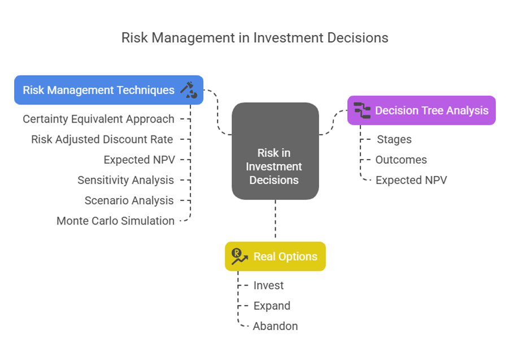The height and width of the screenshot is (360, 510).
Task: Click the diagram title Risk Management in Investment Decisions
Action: pyautogui.click(x=255, y=38)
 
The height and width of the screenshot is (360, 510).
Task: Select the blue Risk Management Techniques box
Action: pyautogui.click(x=108, y=90)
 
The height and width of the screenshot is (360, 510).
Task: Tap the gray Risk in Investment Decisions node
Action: pyautogui.click(x=275, y=151)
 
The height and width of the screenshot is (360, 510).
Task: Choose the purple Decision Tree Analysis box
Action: pyautogui.click(x=421, y=111)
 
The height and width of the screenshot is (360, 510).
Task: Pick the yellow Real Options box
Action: pyautogui.click(x=275, y=256)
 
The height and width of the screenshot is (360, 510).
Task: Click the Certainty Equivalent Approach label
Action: pyautogui.click(x=98, y=119)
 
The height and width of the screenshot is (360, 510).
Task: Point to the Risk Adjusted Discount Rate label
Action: pyautogui.click(x=102, y=139)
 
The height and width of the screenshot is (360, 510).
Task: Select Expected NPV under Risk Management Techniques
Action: pyautogui.click(x=140, y=160)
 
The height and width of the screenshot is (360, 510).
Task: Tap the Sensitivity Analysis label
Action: pyautogui.click(x=126, y=181)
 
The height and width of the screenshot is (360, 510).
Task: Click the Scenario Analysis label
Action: pyautogui.click(x=129, y=200)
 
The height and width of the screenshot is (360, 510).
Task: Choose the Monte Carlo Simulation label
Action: pyautogui.click(x=115, y=221)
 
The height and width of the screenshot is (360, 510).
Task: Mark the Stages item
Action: pyautogui.click(x=394, y=139)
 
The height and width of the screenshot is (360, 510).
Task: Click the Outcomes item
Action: pyautogui.click(x=401, y=160)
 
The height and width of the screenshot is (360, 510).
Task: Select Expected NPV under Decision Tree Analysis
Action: pyautogui.click(x=412, y=181)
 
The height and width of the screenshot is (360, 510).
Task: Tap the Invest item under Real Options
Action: pyautogui.click(x=269, y=286)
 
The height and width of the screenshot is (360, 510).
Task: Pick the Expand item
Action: pyautogui.click(x=272, y=306)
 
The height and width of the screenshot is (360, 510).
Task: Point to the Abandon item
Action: pyautogui.click(x=276, y=326)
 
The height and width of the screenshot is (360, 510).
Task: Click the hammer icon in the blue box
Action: pyautogui.click(x=189, y=90)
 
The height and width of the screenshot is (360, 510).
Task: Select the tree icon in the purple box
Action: pyautogui.click(x=362, y=111)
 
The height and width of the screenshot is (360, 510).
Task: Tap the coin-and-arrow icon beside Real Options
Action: pyautogui.click(x=239, y=256)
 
